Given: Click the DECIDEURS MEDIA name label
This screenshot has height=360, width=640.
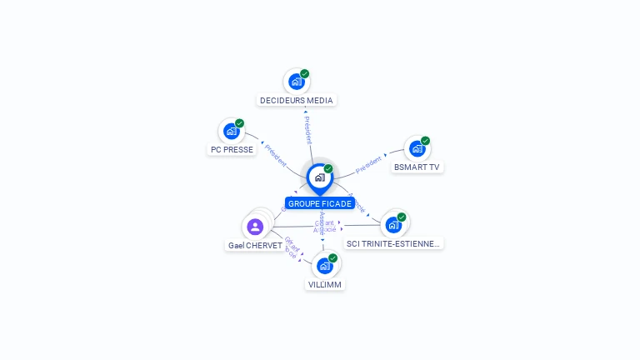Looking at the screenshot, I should (x=296, y=100).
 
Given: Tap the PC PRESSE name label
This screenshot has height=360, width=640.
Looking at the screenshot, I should (x=232, y=150).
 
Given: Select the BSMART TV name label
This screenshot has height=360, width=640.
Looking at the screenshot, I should (x=417, y=167).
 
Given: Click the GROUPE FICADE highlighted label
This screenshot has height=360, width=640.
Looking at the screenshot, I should (x=320, y=203).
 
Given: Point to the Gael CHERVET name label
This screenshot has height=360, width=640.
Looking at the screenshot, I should (x=255, y=246).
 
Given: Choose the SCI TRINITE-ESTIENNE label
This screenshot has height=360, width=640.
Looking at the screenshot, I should (x=394, y=243).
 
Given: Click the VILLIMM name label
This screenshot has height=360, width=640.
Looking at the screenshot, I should (x=325, y=284).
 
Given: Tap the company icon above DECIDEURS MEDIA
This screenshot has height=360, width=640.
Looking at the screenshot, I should (x=296, y=82).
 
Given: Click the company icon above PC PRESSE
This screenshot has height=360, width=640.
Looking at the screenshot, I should (x=232, y=131).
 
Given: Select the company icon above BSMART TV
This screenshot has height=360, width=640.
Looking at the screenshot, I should (x=417, y=148).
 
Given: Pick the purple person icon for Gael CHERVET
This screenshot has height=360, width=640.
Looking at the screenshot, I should (x=255, y=226).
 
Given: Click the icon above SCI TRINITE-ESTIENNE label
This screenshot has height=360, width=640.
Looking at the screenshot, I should (x=393, y=224).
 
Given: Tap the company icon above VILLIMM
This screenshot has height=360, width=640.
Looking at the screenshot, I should (x=324, y=266).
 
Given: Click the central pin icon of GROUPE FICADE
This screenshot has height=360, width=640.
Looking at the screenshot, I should (x=319, y=177).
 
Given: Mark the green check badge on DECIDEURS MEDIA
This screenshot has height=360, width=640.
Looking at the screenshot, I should (x=305, y=73).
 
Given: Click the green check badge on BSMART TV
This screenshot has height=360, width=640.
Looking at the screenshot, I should (x=425, y=141).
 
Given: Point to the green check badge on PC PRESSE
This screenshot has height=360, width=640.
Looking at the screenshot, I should (x=240, y=123).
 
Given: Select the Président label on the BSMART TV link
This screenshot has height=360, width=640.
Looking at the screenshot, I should (x=368, y=164).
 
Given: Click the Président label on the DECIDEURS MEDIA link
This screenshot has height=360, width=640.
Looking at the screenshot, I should (x=307, y=125).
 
